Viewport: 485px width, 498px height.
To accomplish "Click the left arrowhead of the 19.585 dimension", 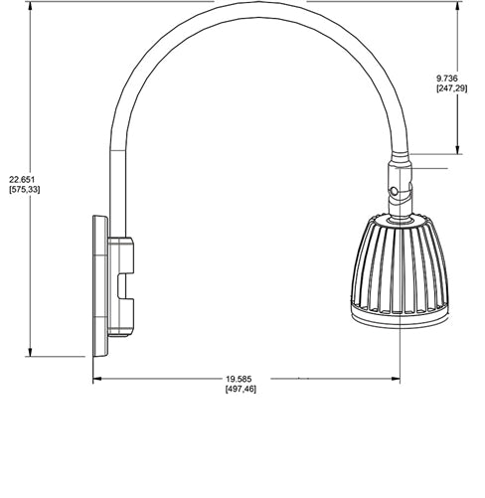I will (96, 379).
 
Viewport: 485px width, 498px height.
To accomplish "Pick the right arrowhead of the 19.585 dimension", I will (397, 379).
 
